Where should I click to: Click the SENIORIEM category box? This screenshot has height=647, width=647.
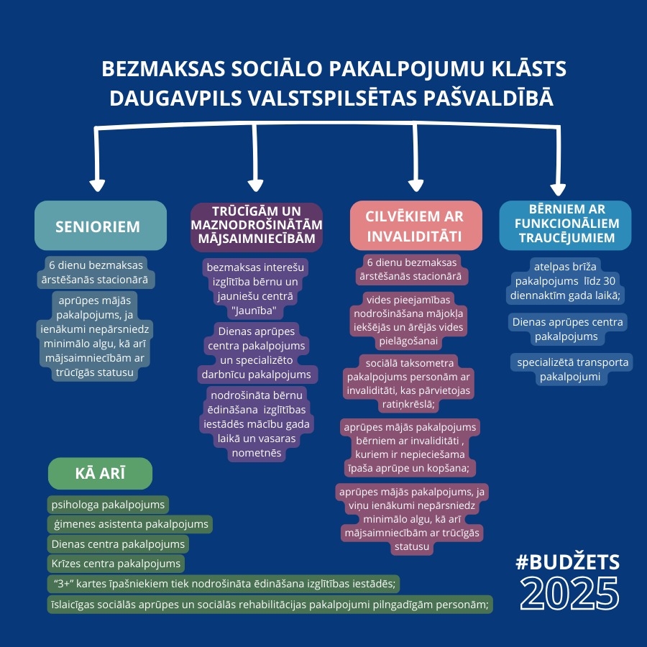coord(101,225)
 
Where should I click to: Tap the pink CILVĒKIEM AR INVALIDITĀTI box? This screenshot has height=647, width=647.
coord(416,225)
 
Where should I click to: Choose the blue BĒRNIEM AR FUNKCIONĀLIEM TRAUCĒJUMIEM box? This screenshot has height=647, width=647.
coord(565,225)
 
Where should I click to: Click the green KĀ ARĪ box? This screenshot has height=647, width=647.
coord(100,473)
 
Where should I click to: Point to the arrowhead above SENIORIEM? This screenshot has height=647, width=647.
coord(97,185)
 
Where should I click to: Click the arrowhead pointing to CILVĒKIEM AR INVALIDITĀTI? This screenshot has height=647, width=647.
coord(416,185)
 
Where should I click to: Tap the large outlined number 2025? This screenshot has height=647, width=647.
coord(569,593)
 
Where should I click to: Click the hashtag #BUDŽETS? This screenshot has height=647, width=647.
coord(568,562)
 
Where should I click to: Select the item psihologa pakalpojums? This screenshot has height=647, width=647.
coord(108,504)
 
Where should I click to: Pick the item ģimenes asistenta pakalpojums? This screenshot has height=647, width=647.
coord(130,524)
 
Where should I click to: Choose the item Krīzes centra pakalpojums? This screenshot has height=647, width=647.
coord(116,563)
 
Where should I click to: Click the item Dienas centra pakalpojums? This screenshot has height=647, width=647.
coord(118,544)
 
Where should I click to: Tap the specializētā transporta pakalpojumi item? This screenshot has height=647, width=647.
coord(572,370)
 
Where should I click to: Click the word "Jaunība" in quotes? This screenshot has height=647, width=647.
coord(254,311)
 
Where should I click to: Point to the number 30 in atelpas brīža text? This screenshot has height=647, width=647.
coord(609,281)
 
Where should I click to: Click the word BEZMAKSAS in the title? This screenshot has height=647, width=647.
coord(164,68)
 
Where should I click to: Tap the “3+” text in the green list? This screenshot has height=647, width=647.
coord(63,584)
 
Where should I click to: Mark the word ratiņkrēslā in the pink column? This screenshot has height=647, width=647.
coord(408,404)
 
